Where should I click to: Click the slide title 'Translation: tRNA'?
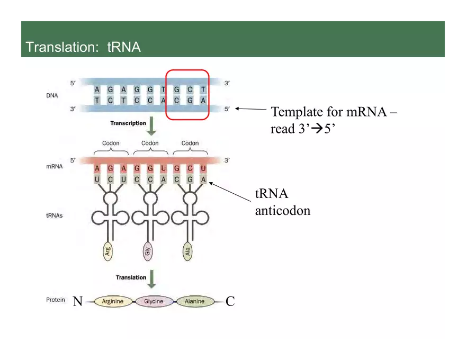pos(83,47)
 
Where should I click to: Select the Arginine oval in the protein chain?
pos(112,302)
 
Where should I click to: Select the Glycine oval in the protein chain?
pos(154,302)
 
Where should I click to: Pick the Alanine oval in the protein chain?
pos(194,302)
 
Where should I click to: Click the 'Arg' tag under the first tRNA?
pos(108,251)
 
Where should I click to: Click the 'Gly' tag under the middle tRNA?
pos(148,251)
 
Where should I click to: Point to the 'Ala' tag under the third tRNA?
pos(188,251)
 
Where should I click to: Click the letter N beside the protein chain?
pos(77,302)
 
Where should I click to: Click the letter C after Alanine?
pos(230,302)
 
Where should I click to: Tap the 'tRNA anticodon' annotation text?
pos(283,202)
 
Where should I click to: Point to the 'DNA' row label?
pos(52,96)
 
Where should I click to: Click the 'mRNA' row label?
pos(54,166)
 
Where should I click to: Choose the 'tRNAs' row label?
pos(54,215)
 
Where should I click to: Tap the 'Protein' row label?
pos(55,300)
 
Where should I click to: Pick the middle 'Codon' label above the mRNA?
pos(150,143)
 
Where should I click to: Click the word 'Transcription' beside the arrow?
pos(128,123)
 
